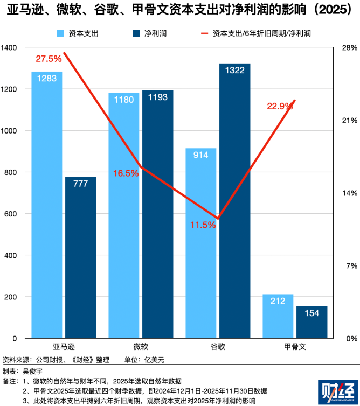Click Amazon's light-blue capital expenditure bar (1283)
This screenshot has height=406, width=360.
(47, 205)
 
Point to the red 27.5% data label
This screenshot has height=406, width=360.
(49, 58)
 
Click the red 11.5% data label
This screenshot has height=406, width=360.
(203, 225)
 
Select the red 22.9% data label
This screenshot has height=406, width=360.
(280, 106)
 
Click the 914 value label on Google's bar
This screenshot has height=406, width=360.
(200, 155)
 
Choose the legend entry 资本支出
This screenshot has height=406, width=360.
(78, 33)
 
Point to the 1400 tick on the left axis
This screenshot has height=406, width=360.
(9, 48)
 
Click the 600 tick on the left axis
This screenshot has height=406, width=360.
(11, 214)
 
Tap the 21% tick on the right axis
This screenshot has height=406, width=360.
(350, 121)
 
